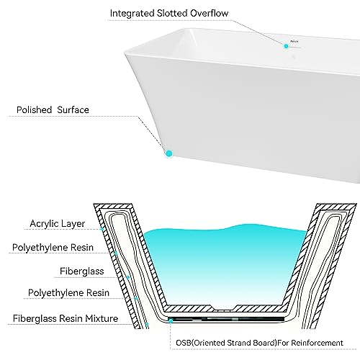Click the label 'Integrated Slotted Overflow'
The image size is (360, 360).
point(169,13)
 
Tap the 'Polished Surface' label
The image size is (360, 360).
point(53,110)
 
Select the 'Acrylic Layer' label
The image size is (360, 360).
point(58,224)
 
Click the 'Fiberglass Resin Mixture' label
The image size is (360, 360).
point(66,318)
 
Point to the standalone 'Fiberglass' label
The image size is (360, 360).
point(81,271)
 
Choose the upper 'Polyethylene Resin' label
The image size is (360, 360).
point(53,248)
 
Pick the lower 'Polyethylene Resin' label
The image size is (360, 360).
point(68,293)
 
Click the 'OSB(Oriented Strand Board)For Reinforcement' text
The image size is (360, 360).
point(259,343)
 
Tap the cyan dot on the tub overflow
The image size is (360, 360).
point(286,46)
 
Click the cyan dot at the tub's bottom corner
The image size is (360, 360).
point(169,153)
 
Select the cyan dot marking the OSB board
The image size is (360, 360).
point(171,320)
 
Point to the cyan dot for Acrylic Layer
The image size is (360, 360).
point(102,229)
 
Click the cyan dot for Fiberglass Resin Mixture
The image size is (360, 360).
point(147,324)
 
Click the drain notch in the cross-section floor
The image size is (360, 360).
point(224,308)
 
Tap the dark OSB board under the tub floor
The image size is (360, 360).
point(227,319)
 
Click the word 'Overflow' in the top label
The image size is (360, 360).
point(209,13)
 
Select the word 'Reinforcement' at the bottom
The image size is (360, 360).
point(317,343)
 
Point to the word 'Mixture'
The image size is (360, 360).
point(102,318)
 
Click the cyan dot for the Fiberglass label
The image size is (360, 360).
point(128,277)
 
